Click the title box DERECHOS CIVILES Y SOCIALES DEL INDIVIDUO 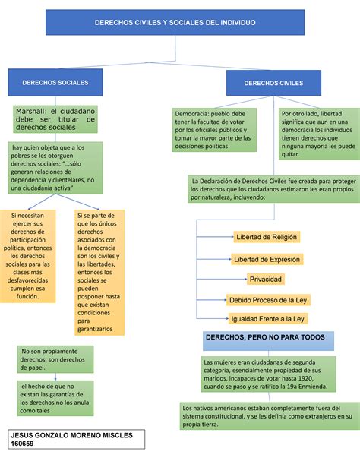174,23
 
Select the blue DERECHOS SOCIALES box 55,81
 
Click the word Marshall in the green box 32,110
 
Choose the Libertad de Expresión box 267,238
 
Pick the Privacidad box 266,258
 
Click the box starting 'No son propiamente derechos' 54,359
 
